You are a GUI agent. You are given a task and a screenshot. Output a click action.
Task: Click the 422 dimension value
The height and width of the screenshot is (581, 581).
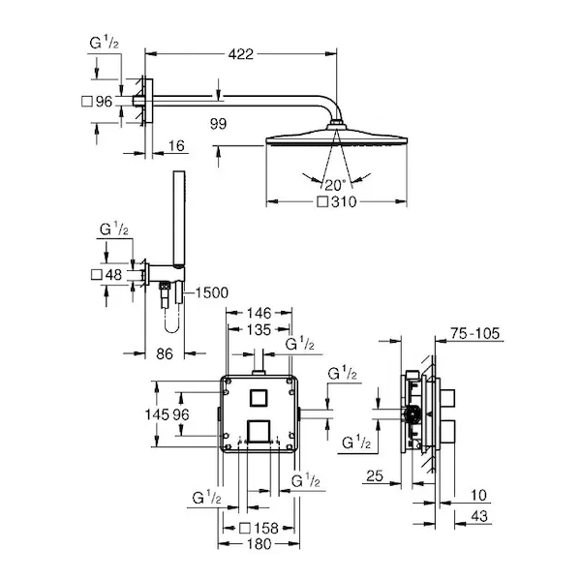click(x=241, y=54)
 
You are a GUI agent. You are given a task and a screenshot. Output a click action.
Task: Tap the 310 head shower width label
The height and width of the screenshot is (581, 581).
click(x=344, y=202)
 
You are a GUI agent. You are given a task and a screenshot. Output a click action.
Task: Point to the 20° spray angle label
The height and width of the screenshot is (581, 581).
click(x=335, y=185)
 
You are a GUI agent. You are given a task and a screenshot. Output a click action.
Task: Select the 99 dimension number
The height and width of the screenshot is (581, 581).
click(x=218, y=124)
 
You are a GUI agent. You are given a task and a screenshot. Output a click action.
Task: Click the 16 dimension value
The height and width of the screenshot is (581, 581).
click(x=176, y=146)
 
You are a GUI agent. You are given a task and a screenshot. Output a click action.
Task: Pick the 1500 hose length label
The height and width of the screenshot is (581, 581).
click(x=211, y=292)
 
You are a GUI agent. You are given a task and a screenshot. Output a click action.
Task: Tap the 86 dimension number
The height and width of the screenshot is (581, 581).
click(x=165, y=353)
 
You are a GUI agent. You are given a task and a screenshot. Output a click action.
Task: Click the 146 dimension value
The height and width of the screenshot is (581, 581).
click(x=259, y=313)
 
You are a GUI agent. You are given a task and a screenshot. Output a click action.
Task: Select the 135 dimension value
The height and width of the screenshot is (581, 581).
click(x=259, y=330)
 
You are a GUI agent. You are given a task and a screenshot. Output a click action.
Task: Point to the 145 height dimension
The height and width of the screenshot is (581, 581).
click(x=157, y=414)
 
